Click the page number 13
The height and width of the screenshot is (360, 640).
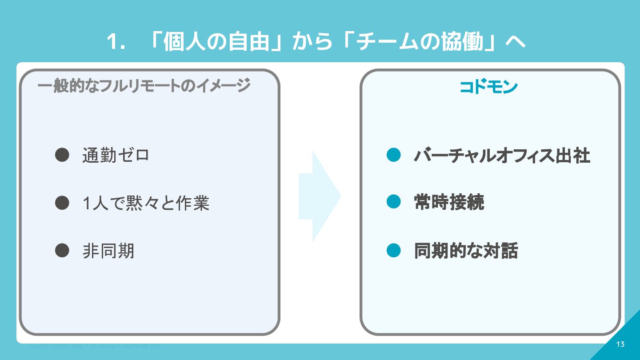point(620,344)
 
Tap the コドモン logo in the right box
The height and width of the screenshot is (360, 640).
point(488,87)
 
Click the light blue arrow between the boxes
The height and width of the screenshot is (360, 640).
point(319,196)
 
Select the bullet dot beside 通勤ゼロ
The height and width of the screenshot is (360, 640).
point(62,155)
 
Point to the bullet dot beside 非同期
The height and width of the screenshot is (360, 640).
point(62,251)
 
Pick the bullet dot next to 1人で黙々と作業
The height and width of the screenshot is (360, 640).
point(62,203)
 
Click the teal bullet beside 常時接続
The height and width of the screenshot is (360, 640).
point(394,202)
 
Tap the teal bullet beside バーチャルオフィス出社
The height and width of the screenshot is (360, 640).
point(394,155)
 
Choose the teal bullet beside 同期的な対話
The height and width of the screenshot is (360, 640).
point(394,251)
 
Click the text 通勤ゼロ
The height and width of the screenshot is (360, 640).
point(116,156)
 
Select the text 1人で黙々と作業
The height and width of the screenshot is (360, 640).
point(146,204)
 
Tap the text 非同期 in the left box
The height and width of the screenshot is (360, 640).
point(108,252)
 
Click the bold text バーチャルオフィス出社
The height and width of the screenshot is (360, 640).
point(502,156)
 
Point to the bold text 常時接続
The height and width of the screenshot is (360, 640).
point(449,203)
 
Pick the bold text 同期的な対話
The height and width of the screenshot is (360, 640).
point(466,251)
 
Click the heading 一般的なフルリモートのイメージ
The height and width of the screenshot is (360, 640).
point(144,85)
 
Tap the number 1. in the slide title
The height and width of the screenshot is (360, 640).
point(115,43)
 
